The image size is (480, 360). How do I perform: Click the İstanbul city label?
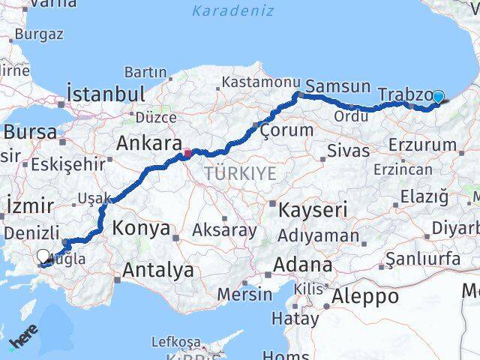point(106,94)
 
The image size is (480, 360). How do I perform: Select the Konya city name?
point(142,229)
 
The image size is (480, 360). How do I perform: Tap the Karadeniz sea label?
point(232,10)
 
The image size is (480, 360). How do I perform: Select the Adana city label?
point(303,265)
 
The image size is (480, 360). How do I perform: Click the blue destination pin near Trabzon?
point(438,97)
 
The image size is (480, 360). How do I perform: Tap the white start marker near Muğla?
point(43,256)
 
